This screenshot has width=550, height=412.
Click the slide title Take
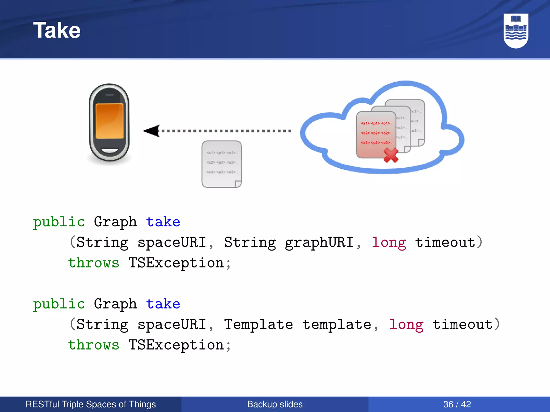(x=57, y=30)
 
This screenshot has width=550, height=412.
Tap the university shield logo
(x=516, y=31)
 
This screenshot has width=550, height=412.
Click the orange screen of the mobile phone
(x=109, y=121)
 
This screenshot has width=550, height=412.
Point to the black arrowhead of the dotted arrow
(x=152, y=131)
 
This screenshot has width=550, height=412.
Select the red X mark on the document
(x=391, y=156)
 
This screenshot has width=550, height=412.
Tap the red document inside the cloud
(x=376, y=134)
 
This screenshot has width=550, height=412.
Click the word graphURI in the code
(x=319, y=242)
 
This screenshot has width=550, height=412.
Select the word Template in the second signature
(x=258, y=325)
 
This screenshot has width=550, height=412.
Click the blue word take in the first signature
(x=163, y=222)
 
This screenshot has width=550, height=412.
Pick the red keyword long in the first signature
(x=389, y=242)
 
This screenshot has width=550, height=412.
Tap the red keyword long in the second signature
(x=406, y=325)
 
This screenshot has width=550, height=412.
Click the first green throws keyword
(x=93, y=263)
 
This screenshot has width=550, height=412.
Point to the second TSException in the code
(x=176, y=345)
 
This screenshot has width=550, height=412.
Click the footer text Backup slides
(x=275, y=404)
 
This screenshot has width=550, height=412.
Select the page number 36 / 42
(x=457, y=404)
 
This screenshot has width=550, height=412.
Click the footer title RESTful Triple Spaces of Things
(x=91, y=404)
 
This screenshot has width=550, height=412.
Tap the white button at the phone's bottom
(x=110, y=150)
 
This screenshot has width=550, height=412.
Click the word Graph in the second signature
(x=115, y=304)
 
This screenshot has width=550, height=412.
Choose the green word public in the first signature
(x=59, y=222)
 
